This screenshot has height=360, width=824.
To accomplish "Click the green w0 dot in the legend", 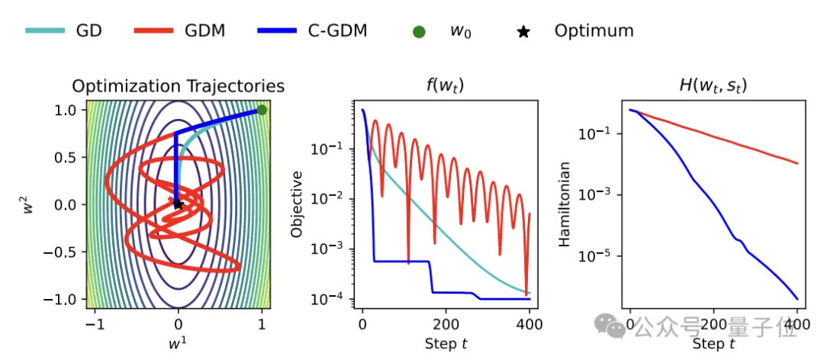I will (x=419, y=32).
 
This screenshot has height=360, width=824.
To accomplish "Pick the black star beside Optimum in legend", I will (x=524, y=32).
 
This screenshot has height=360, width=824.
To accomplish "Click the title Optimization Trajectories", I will (x=179, y=85).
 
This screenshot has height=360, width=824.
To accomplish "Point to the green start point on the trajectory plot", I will (x=262, y=111).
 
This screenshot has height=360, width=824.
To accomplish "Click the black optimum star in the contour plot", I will (x=178, y=204).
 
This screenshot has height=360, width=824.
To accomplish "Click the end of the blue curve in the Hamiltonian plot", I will (x=797, y=298).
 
